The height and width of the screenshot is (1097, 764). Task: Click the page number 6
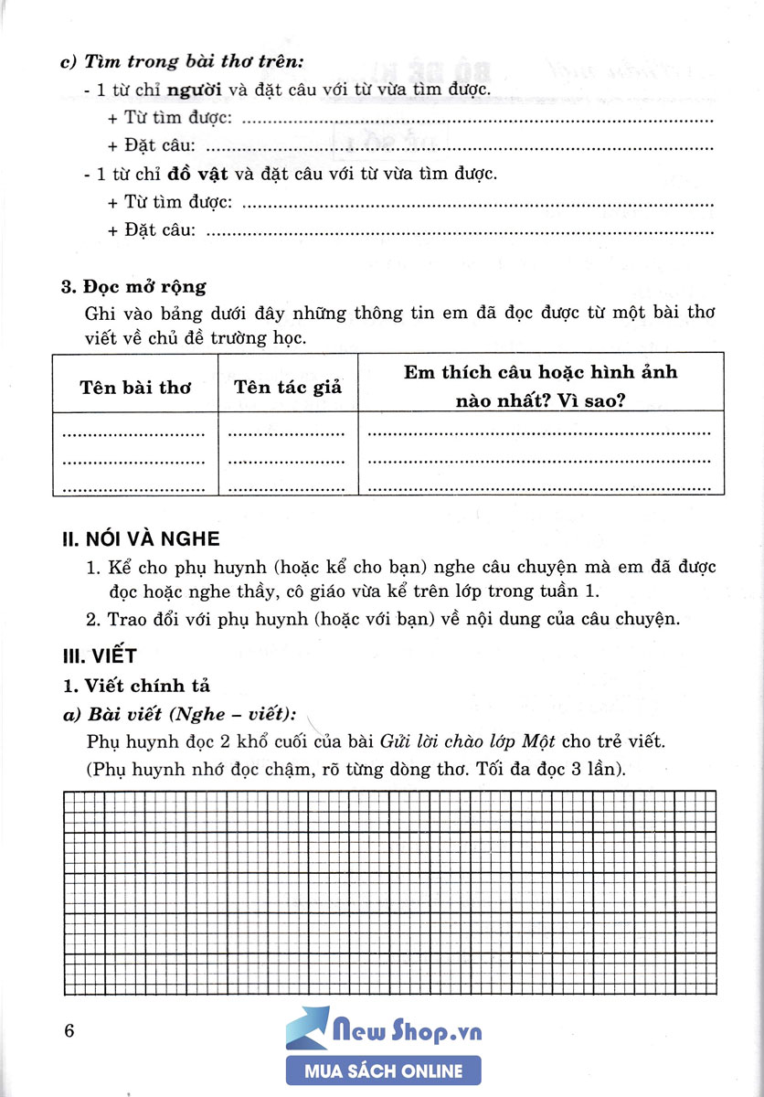tap(69, 1032)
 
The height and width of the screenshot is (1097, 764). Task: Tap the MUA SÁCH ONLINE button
tap(383, 1070)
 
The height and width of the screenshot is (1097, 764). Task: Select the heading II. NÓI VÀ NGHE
tap(141, 539)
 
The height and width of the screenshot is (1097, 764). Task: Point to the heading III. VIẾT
tap(98, 655)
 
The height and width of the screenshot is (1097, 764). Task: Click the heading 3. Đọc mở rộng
tap(133, 287)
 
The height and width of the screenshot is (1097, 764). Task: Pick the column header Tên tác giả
tap(288, 387)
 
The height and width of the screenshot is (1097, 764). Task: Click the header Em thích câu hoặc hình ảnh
tap(541, 372)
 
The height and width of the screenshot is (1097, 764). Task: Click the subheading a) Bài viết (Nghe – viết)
tap(183, 714)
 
